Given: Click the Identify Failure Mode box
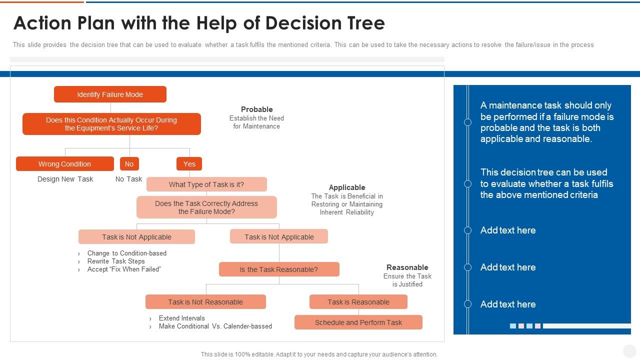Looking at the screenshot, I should pyautogui.click(x=110, y=94).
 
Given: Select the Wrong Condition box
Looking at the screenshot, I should pyautogui.click(x=64, y=164).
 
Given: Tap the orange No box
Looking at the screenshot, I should pyautogui.click(x=129, y=164).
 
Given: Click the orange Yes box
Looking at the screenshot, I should pyautogui.click(x=189, y=164).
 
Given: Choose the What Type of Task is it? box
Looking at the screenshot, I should pyautogui.click(x=206, y=184).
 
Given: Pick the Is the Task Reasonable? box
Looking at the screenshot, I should pyautogui.click(x=279, y=269).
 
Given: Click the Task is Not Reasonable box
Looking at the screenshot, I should pyautogui.click(x=205, y=302).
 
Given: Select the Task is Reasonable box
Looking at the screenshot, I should pyautogui.click(x=358, y=302).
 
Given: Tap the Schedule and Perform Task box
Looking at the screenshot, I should pyautogui.click(x=358, y=322).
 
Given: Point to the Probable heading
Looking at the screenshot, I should pyautogui.click(x=256, y=109).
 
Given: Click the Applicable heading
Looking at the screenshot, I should pyautogui.click(x=347, y=187).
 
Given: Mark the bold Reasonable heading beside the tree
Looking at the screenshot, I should pyautogui.click(x=407, y=267).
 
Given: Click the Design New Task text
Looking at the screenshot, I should pyautogui.click(x=65, y=179).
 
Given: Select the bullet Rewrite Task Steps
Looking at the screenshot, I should pyautogui.click(x=116, y=261).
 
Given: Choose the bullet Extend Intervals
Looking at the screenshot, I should pyautogui.click(x=181, y=318).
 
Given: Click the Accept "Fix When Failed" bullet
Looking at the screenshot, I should pyautogui.click(x=124, y=269).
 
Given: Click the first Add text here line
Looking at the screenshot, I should pyautogui.click(x=508, y=230).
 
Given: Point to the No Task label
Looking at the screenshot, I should pyautogui.click(x=128, y=179).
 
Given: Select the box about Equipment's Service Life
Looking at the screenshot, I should pyautogui.click(x=111, y=124).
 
